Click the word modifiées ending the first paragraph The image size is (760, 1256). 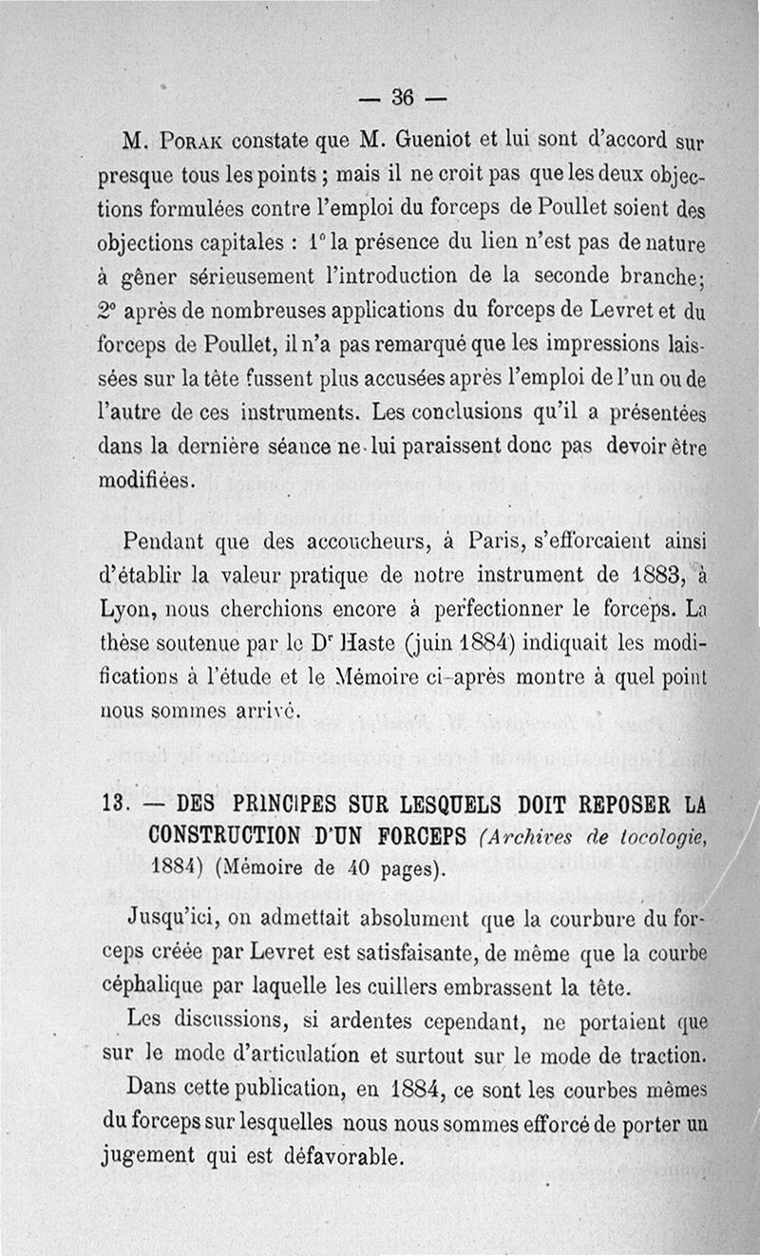[147, 480]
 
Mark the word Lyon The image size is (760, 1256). [127, 611]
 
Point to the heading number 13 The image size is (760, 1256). [114, 804]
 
